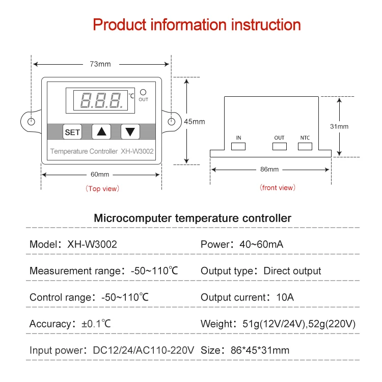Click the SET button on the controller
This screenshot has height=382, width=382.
(x=72, y=132)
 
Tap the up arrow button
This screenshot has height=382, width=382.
(x=102, y=131)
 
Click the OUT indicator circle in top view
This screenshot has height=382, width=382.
(x=143, y=92)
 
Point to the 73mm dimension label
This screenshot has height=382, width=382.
(x=100, y=64)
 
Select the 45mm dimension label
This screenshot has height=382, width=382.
(x=194, y=121)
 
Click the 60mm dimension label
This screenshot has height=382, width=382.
(x=100, y=174)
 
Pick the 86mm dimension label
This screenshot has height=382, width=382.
(x=269, y=169)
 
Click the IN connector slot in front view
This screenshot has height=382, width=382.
(x=238, y=147)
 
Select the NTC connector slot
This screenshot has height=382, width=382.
(x=305, y=147)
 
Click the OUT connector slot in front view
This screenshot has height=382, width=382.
(x=279, y=147)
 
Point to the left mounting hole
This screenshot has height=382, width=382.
(x=31, y=122)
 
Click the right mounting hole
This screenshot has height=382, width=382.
(x=172, y=122)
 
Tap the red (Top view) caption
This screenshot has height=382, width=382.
(x=102, y=188)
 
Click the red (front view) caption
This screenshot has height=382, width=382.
(x=278, y=187)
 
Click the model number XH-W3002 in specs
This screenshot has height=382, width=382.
(x=92, y=244)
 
